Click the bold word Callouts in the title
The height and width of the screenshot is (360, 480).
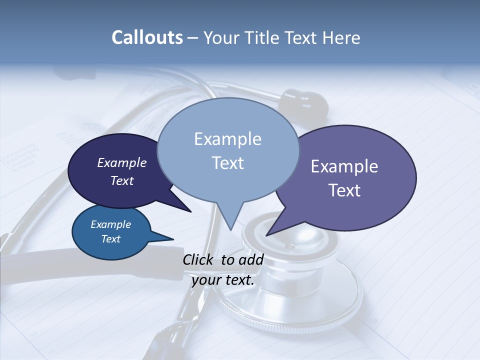click(x=147, y=38)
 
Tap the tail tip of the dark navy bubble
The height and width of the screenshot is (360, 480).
click(x=190, y=211)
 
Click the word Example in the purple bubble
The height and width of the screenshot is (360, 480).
click(x=344, y=166)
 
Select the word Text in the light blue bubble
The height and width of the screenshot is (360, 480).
click(x=228, y=163)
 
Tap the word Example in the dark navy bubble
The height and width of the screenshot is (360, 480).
click(x=122, y=163)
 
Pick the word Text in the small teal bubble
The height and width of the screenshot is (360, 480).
click(x=110, y=239)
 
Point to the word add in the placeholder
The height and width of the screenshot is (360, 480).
click(x=251, y=260)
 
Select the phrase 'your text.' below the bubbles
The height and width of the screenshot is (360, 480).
click(x=223, y=280)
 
